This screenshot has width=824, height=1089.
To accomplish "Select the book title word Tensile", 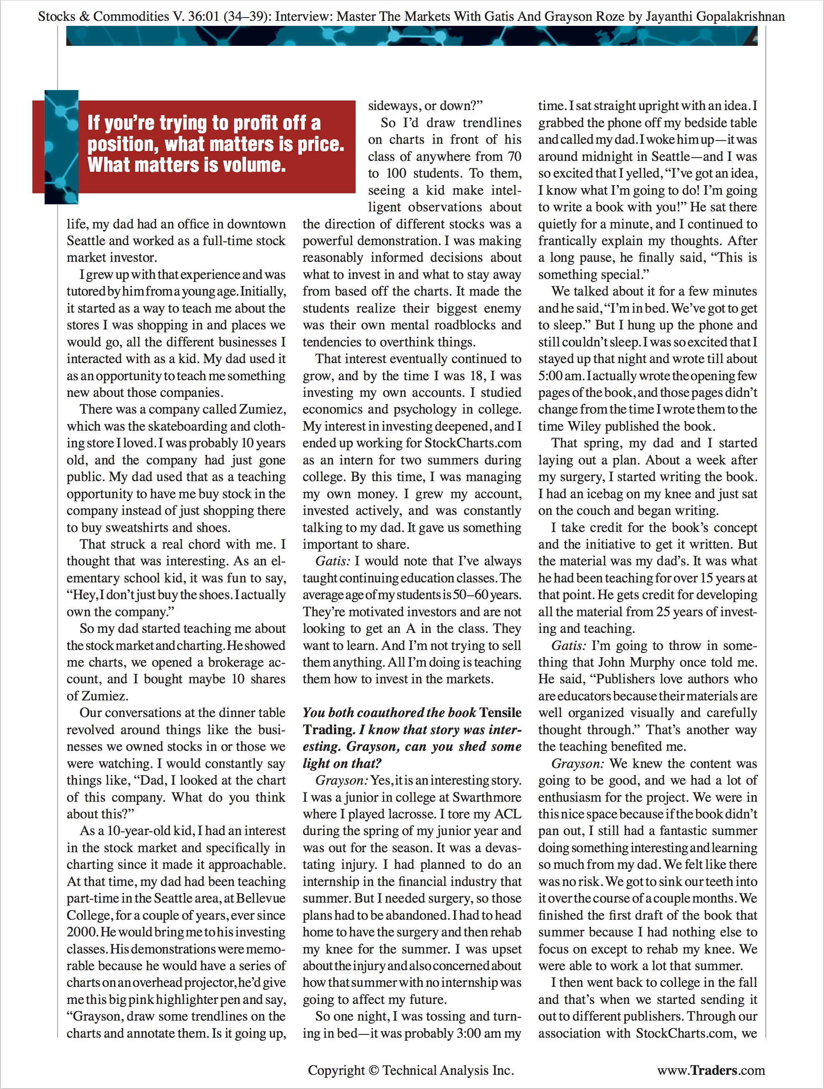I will (500, 713).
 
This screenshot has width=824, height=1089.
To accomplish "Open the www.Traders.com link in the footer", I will (711, 1070).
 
